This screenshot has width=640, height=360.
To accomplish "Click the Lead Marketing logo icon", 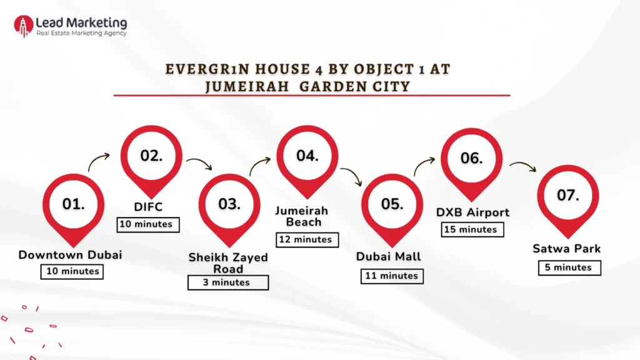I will click(24, 26).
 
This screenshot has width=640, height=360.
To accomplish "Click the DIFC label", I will click(148, 207).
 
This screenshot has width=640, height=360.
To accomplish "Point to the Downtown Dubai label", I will click(70, 254).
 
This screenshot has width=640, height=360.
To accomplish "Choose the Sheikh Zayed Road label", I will click(228, 263).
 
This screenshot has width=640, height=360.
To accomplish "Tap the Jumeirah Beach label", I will click(302, 216).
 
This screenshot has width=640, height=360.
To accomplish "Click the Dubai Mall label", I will click(389, 256).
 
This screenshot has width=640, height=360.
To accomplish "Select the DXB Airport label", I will click(472, 212).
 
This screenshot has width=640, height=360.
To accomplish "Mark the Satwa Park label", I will click(567, 249).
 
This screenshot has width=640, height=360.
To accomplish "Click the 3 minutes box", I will click(228, 282).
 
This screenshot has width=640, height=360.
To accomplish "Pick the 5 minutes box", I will click(569, 267).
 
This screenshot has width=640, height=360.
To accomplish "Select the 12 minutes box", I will click(307, 239).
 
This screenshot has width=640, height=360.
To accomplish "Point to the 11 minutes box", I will click(392, 276).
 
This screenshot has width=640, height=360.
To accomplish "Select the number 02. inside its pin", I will click(151, 156).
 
